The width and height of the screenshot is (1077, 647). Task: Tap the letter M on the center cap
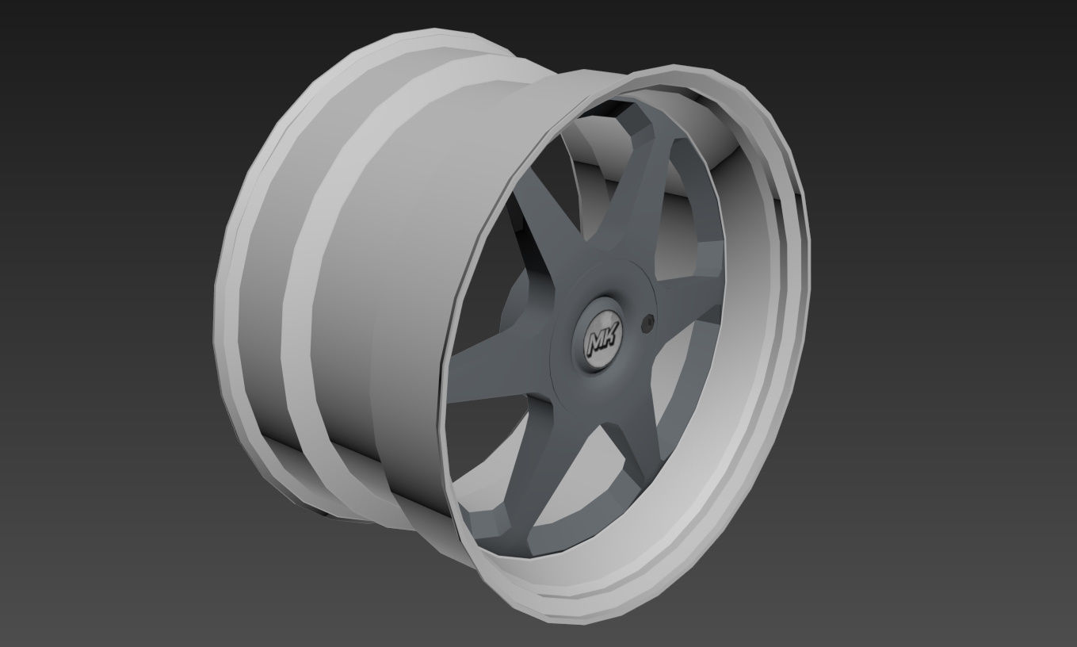[598, 343]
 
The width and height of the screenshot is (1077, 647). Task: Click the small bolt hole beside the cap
[649, 322]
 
